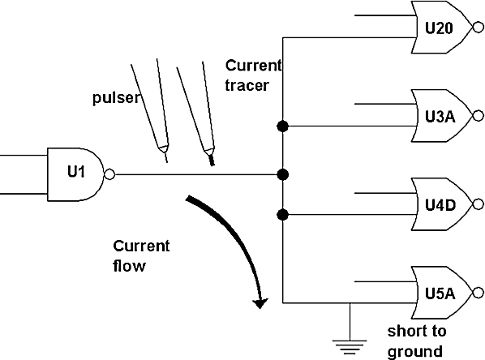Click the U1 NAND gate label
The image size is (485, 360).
(x=75, y=171)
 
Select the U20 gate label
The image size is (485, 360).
(x=439, y=28)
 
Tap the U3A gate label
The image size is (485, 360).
(x=440, y=117)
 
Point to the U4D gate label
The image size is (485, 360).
(x=440, y=205)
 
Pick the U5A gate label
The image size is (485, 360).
(x=440, y=294)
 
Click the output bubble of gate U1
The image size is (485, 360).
(x=109, y=174)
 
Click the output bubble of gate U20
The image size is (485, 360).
(x=479, y=28)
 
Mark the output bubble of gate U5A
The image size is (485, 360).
(x=479, y=293)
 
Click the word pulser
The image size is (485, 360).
(x=116, y=98)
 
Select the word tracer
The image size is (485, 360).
(x=247, y=85)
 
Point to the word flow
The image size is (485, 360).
(x=129, y=266)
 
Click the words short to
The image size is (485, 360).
(x=417, y=332)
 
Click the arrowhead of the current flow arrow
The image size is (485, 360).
(x=260, y=303)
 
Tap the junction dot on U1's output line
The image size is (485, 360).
(x=283, y=175)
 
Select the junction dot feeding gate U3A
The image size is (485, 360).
(x=283, y=126)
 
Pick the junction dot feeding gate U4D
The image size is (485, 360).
(x=283, y=215)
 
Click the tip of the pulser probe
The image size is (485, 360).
(x=167, y=161)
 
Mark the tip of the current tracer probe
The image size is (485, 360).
(x=212, y=164)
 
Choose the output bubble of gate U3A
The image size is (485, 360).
(x=479, y=116)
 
